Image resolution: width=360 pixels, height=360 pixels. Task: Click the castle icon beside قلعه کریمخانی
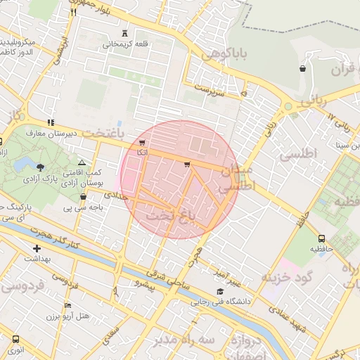click(x=125, y=32)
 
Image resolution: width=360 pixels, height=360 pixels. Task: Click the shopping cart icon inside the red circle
click(x=186, y=165)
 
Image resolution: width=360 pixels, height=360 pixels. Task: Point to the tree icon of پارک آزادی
click(x=39, y=167)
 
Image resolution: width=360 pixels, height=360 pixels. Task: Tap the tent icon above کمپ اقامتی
click(x=82, y=162)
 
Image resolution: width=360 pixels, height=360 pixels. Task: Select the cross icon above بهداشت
click(x=37, y=248)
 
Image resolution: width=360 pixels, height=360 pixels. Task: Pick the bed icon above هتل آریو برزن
click(x=67, y=305)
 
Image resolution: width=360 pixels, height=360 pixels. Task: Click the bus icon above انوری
click(x=15, y=339)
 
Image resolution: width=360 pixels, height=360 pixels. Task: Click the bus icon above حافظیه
click(x=321, y=238)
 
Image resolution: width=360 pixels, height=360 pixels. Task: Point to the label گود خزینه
click(x=287, y=277)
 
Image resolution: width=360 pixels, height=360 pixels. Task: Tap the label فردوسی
click(x=22, y=286)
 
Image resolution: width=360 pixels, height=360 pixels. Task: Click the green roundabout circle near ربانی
click(x=288, y=107)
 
